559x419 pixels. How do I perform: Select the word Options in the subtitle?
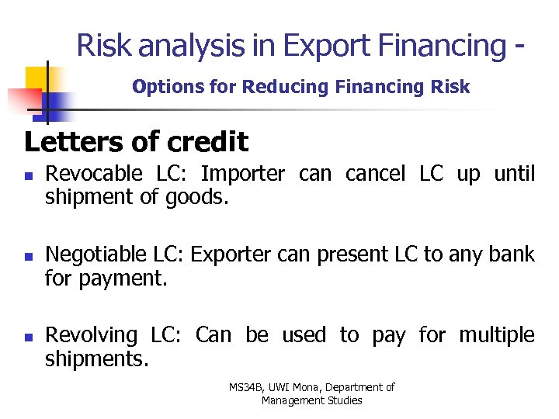[x=161, y=87]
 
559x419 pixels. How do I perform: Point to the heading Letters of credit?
[x=137, y=142]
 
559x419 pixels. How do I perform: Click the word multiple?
[x=497, y=335]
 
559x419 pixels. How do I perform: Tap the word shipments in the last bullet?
[x=96, y=358]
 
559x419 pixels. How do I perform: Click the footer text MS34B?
[x=247, y=386]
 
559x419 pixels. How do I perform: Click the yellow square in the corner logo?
[x=36, y=78]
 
